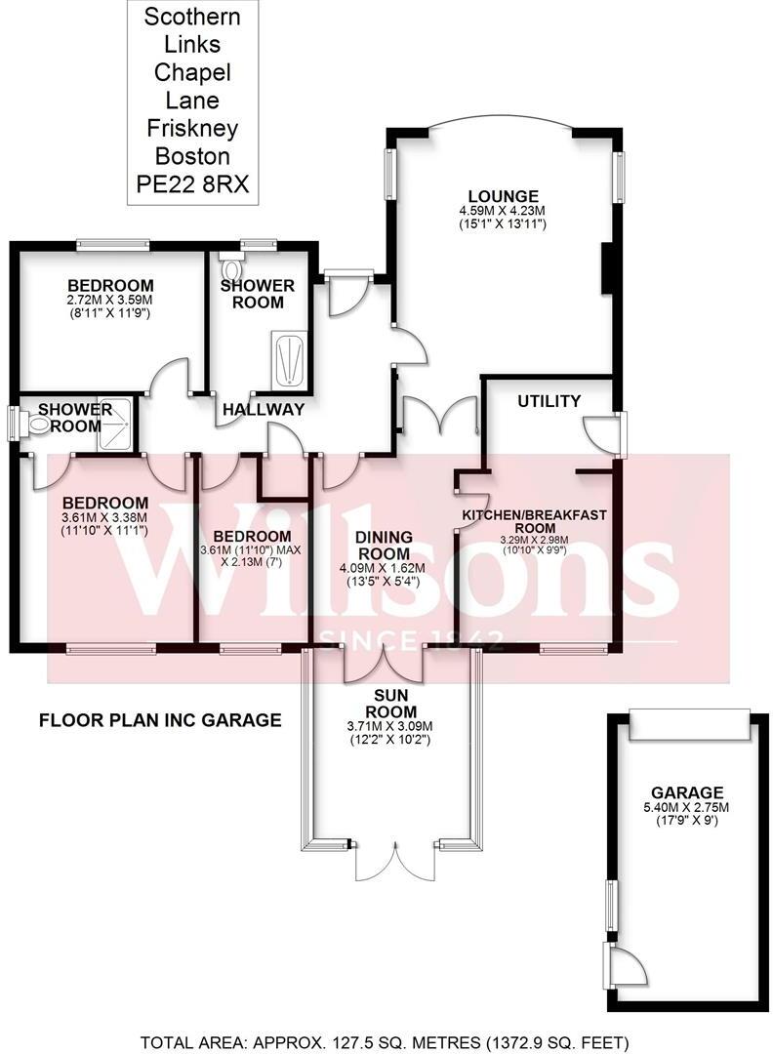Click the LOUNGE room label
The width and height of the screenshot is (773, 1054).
click(x=501, y=195)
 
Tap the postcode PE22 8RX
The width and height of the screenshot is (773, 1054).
click(x=193, y=183)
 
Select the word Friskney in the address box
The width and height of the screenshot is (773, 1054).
click(x=193, y=128)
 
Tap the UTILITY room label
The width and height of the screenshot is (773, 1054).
click(x=549, y=401)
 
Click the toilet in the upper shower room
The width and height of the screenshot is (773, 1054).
click(x=232, y=266)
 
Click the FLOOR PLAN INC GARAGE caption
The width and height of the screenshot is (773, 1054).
click(x=160, y=721)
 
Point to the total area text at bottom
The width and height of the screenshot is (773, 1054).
click(x=391, y=1041)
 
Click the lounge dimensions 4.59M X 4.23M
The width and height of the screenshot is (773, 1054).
click(x=501, y=211)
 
